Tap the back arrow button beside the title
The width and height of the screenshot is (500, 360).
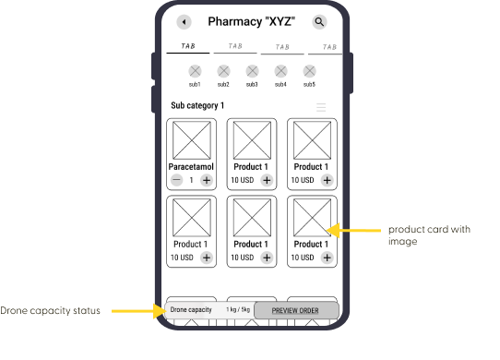click(x=184, y=22)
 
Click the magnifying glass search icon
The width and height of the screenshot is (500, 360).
click(x=319, y=22)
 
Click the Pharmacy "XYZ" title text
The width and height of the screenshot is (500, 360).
click(x=252, y=22)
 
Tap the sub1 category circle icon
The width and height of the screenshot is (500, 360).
click(x=195, y=71)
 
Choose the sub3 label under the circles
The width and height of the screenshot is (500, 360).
click(x=252, y=85)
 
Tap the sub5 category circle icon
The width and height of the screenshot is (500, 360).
click(x=309, y=71)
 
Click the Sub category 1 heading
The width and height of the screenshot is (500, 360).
click(x=197, y=105)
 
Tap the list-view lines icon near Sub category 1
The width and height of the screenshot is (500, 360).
click(x=321, y=107)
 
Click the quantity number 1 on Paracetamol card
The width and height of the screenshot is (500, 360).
click(x=191, y=180)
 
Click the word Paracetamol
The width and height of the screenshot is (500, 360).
click(x=191, y=167)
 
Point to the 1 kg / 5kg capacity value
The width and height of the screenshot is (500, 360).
click(x=238, y=309)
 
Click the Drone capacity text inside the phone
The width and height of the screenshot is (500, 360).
click(x=191, y=310)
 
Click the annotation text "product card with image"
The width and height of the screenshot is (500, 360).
click(x=429, y=235)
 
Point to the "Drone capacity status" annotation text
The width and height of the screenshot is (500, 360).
click(x=50, y=311)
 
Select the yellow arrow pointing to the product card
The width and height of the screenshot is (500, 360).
click(x=353, y=231)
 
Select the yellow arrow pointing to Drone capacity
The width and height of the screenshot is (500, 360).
click(x=138, y=311)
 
